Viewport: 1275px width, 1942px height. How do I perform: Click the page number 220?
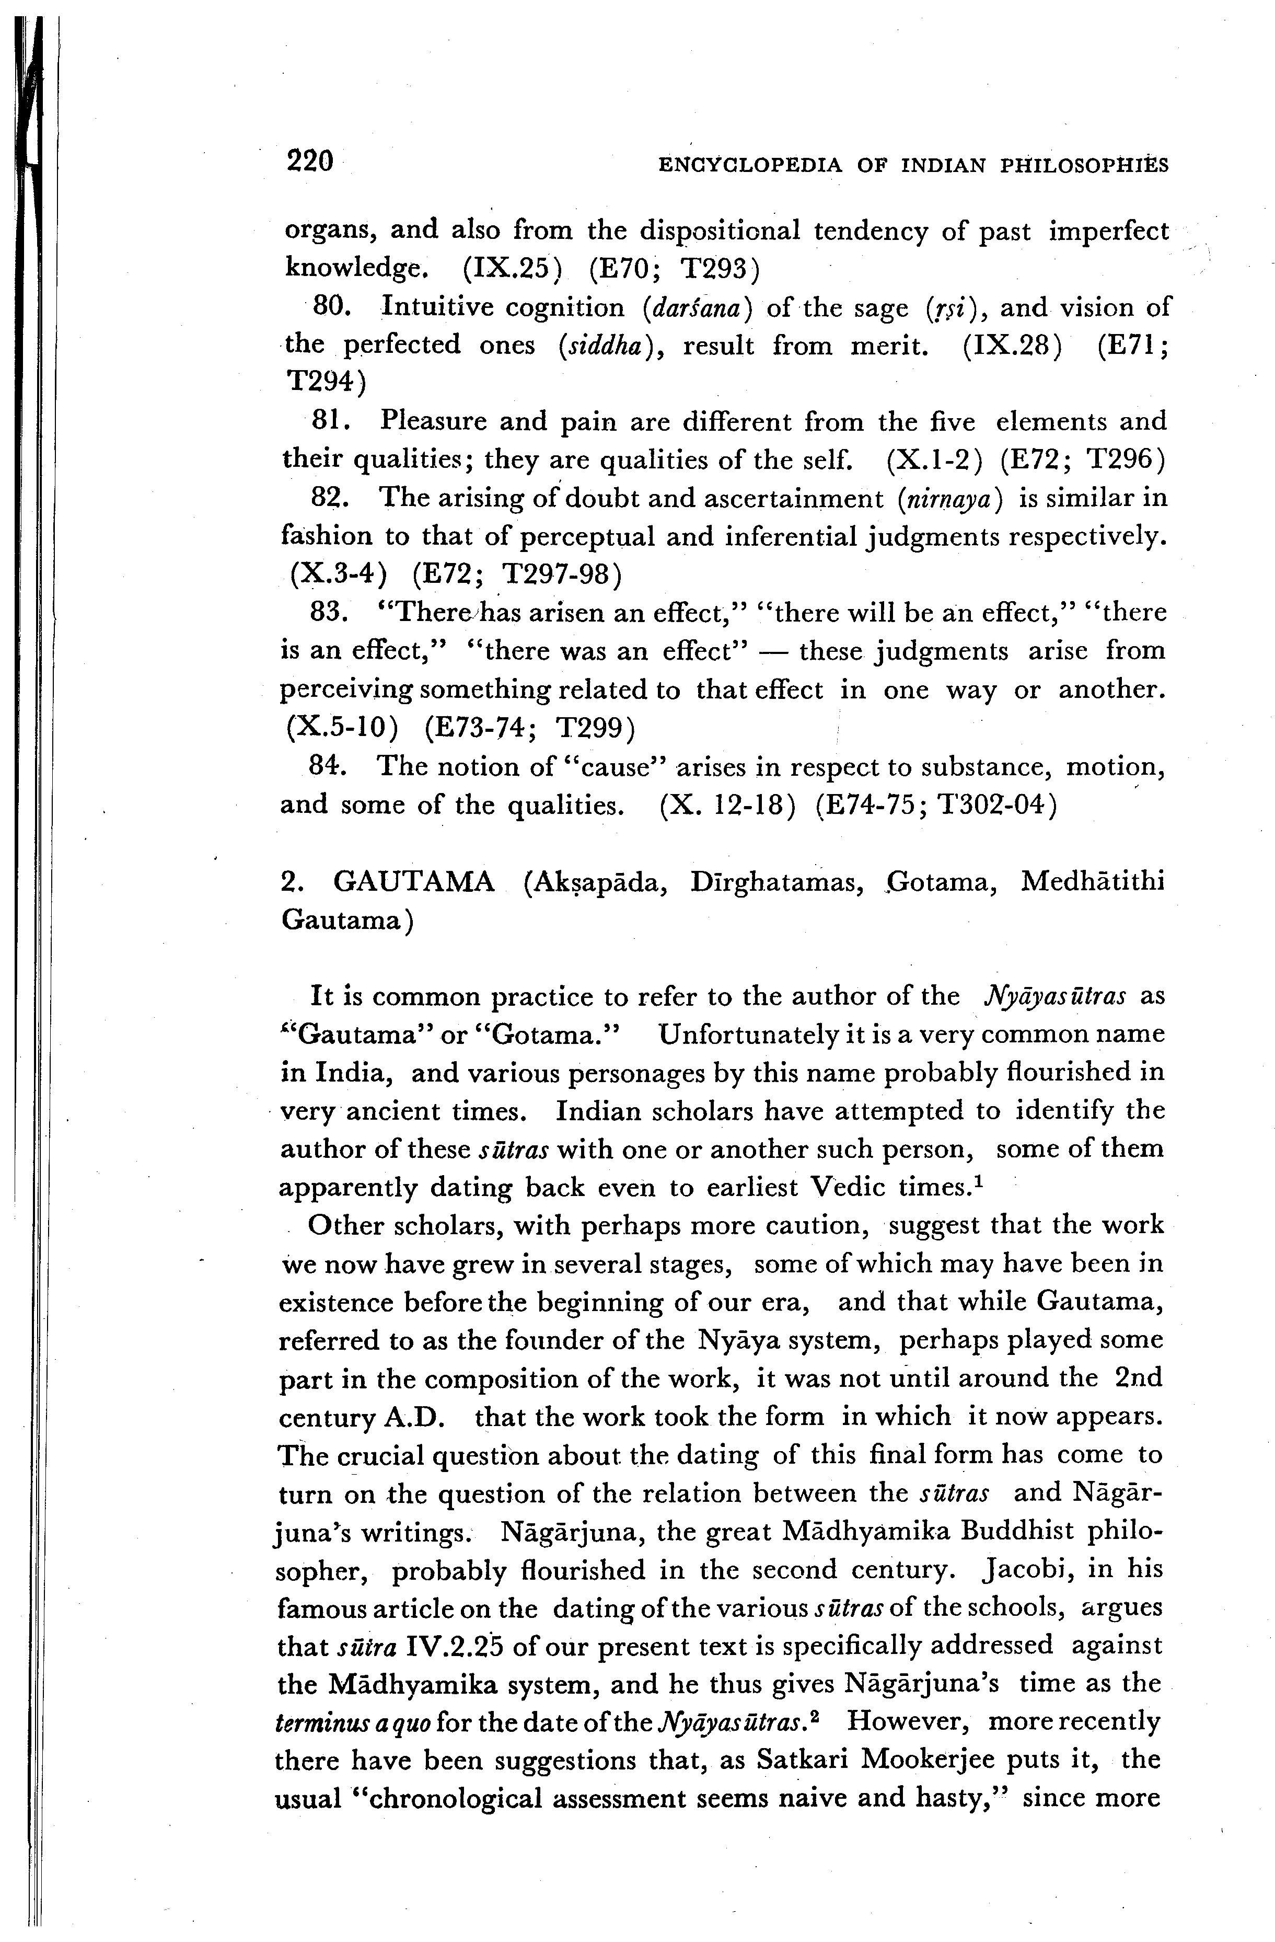[x=310, y=161]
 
